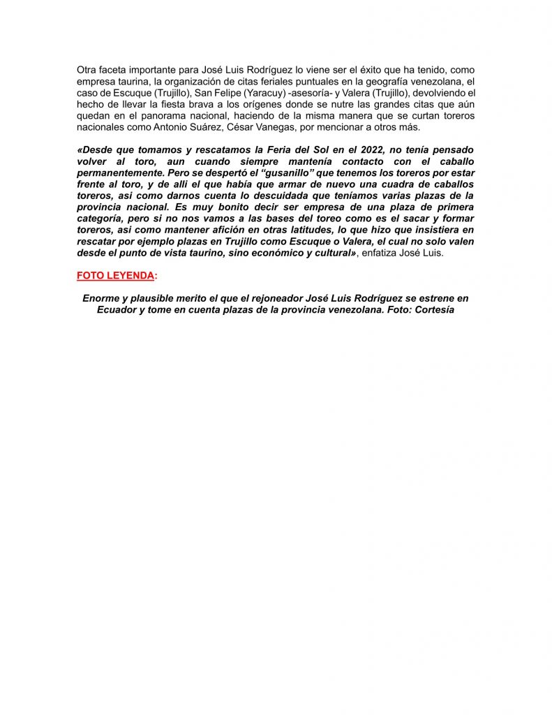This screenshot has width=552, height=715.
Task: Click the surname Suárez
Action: (x=207, y=127)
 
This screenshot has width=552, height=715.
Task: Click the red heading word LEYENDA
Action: (x=129, y=275)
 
